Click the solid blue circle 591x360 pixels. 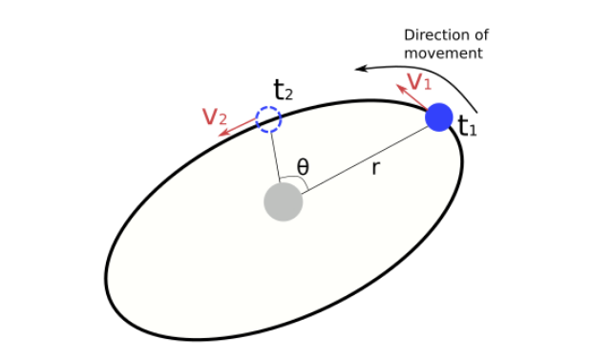point(438,117)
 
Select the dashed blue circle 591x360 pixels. point(268,119)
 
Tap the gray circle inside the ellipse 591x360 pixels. point(284,202)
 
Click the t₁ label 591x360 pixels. point(466,126)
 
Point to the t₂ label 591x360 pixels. point(283,92)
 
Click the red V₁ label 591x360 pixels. point(419,81)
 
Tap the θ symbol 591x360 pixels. point(303,167)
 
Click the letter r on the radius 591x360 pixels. point(376,169)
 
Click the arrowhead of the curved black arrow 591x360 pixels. point(361,68)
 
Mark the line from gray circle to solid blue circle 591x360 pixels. point(363,160)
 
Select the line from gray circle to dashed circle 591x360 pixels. point(275,158)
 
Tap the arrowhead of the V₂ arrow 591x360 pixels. point(222,135)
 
